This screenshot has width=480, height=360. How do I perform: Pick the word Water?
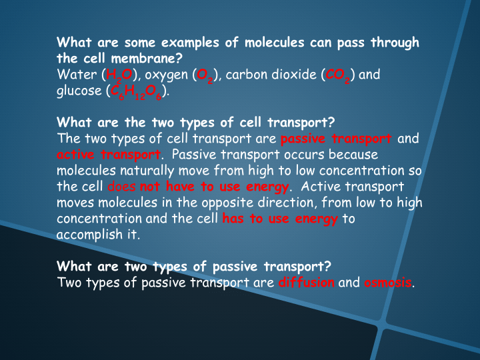[76, 74]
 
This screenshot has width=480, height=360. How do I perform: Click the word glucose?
[80, 91]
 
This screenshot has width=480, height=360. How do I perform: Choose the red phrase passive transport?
[337, 139]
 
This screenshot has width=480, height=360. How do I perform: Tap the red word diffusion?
[306, 282]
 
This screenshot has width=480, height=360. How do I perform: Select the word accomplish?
[90, 235]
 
